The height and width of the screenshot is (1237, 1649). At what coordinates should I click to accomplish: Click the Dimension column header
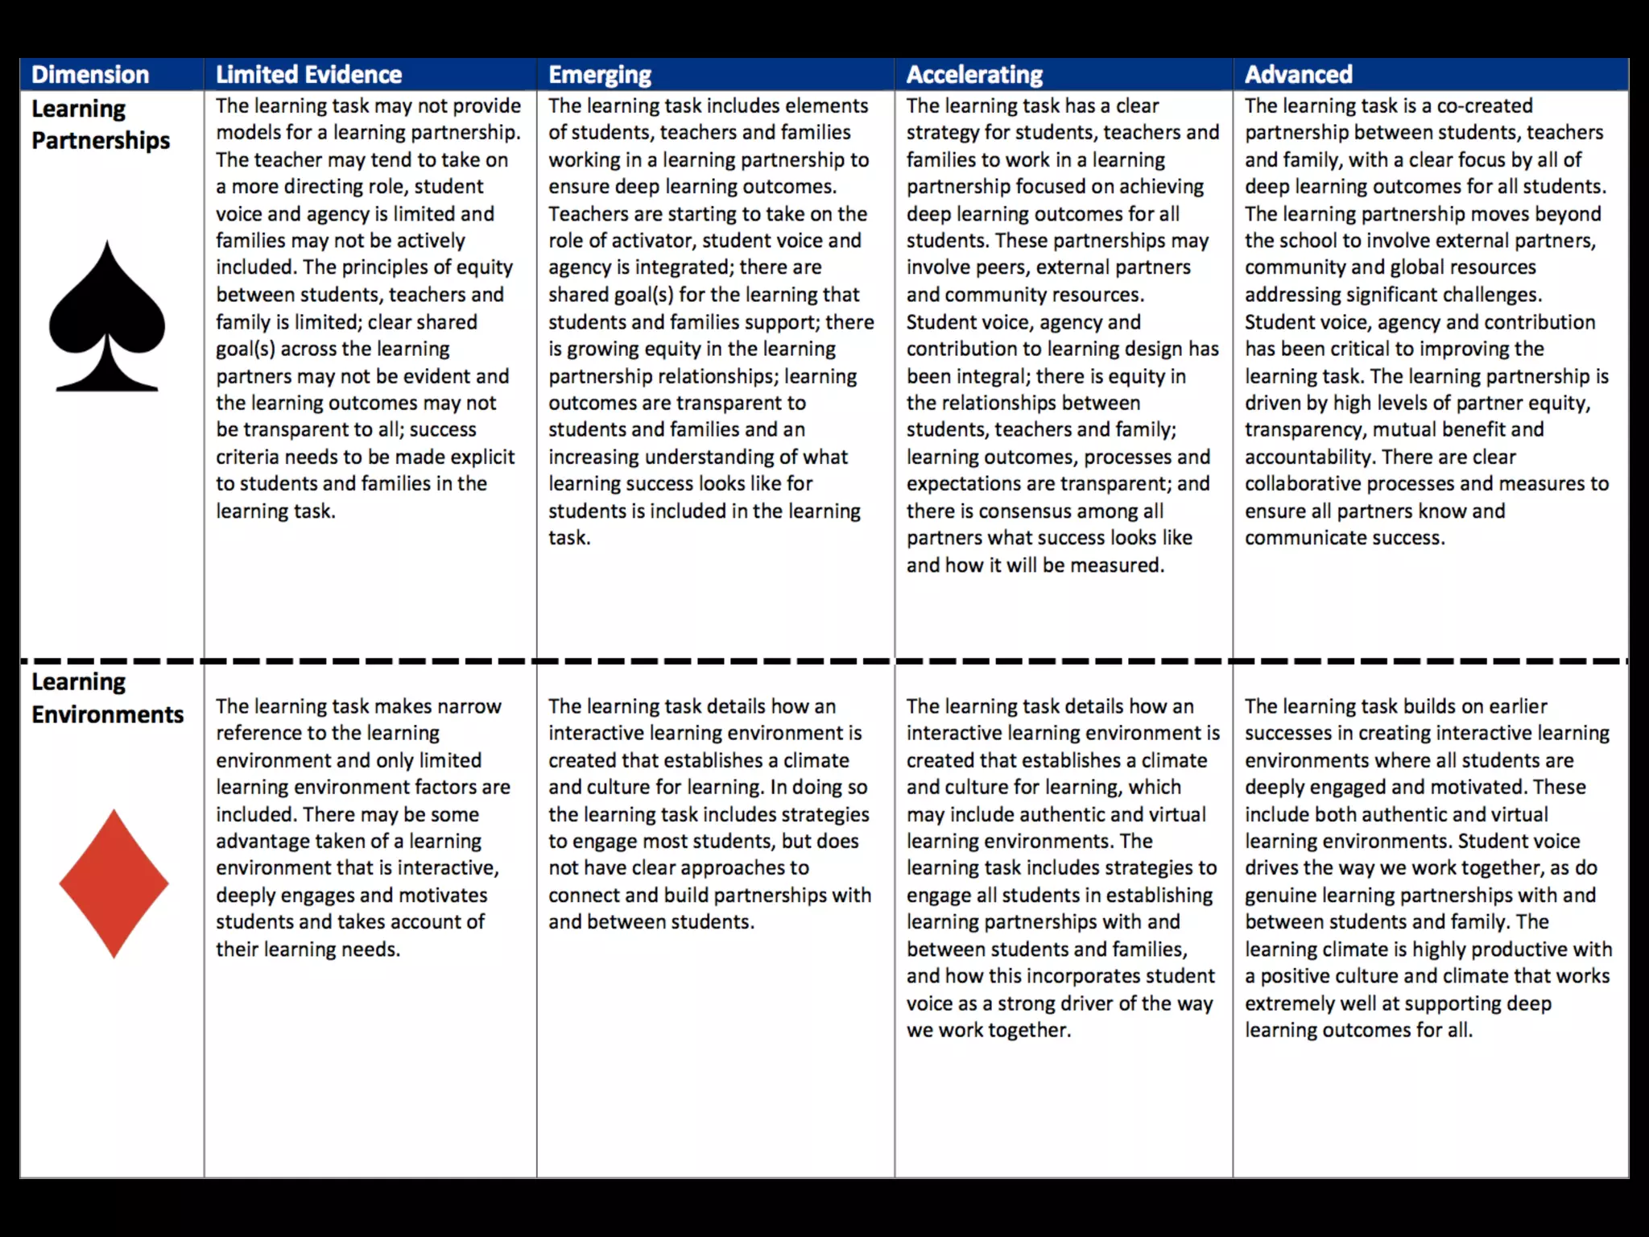coord(90,75)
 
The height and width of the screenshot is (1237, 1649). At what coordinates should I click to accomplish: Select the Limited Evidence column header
coord(308,75)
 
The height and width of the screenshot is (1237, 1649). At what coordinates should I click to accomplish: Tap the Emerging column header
coord(600,75)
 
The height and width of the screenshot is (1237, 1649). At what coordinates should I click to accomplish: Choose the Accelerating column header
coord(974,75)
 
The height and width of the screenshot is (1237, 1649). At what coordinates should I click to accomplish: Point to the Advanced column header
coord(1298,75)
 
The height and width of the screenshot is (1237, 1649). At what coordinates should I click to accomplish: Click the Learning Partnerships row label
coord(101,124)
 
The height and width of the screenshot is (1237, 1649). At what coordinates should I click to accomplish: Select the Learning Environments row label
coord(107,698)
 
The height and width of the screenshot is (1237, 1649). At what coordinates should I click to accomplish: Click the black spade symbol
coord(107,317)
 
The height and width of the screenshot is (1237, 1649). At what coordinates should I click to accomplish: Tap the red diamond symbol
coord(114,883)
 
